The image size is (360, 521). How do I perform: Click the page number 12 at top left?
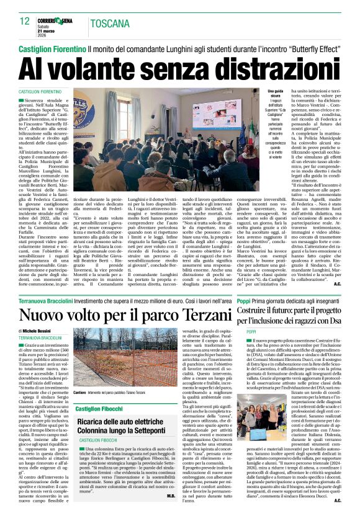(x=25, y=21)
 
